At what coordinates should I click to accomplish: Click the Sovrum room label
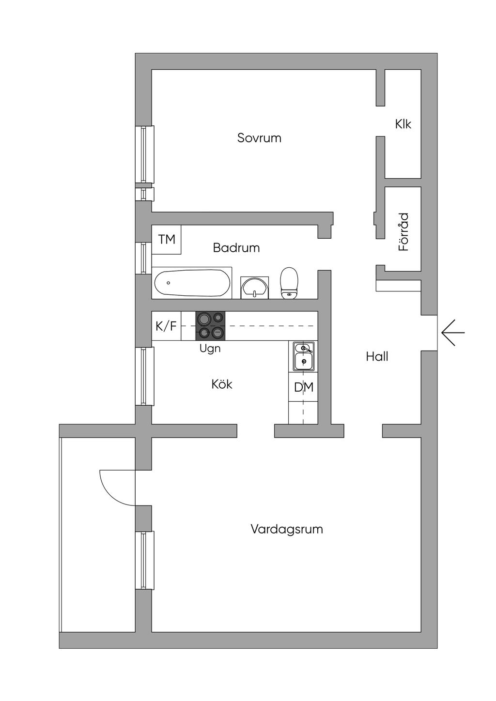(x=259, y=138)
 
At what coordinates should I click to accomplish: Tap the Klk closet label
(x=403, y=124)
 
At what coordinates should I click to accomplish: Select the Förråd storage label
(x=403, y=232)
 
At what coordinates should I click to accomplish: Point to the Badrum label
(x=236, y=248)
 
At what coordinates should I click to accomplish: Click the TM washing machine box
(x=167, y=239)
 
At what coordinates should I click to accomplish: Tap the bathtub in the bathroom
(x=192, y=283)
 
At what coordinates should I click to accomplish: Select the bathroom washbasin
(x=255, y=288)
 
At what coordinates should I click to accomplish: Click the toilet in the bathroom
(x=289, y=283)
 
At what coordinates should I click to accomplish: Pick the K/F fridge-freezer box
(x=166, y=326)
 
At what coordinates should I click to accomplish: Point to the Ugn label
(x=210, y=348)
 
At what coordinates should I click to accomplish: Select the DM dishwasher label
(x=304, y=387)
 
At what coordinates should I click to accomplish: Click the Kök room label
(x=222, y=384)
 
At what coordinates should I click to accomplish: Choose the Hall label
(x=377, y=357)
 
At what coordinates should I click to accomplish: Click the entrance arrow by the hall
(x=453, y=333)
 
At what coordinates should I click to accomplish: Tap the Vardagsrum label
(x=287, y=529)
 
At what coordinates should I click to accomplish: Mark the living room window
(x=144, y=560)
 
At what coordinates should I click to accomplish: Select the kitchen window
(x=144, y=376)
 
